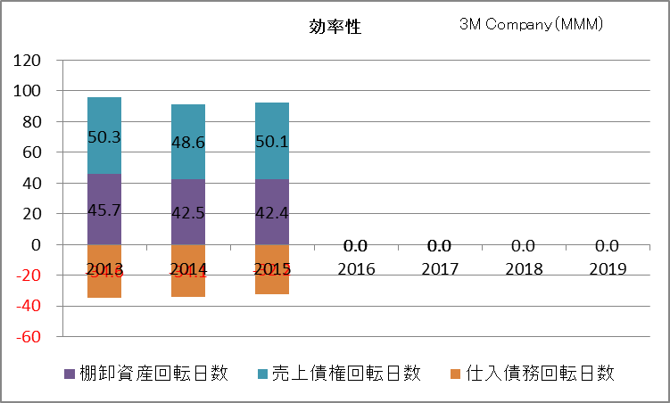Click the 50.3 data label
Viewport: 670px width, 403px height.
pyautogui.click(x=103, y=137)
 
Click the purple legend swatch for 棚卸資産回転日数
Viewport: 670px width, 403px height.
pyautogui.click(x=69, y=374)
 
